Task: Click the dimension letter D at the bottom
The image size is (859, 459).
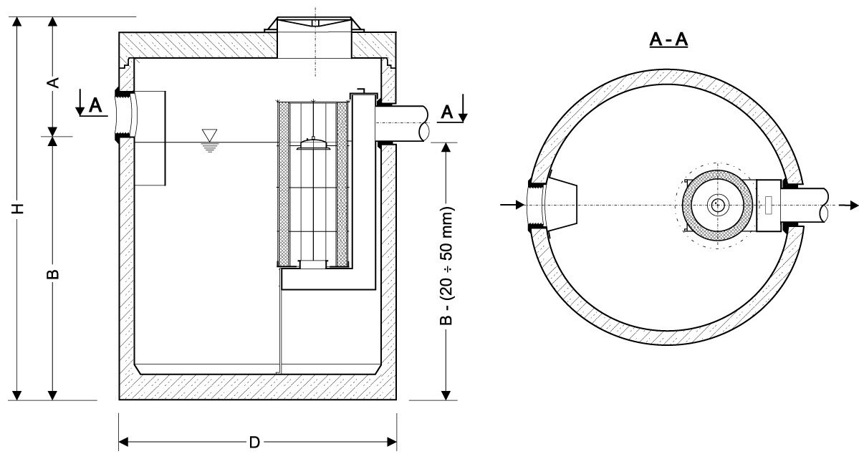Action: click(x=254, y=441)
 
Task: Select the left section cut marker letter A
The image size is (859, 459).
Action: click(x=95, y=106)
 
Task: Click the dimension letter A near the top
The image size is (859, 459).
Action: click(x=52, y=82)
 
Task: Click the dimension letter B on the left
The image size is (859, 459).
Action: click(x=52, y=274)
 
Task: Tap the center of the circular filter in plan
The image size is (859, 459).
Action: click(x=716, y=206)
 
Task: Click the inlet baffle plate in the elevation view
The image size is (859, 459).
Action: click(x=150, y=138)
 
